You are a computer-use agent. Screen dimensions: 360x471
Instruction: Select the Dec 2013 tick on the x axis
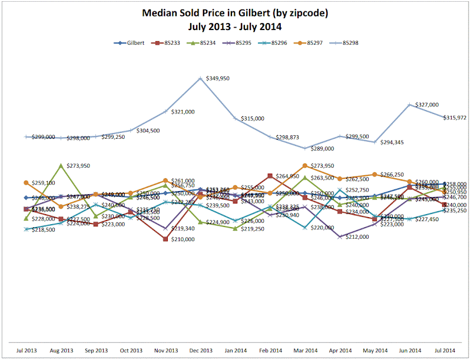pos(201,350)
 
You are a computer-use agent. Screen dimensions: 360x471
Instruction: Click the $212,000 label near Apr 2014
pos(357,236)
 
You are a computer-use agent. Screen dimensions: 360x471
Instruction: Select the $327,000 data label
pos(427,104)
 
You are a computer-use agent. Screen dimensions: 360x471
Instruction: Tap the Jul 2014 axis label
pos(444,350)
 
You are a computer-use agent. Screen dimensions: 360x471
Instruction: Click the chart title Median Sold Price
pos(235,12)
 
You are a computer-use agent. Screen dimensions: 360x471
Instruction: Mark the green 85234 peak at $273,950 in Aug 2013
pos(61,165)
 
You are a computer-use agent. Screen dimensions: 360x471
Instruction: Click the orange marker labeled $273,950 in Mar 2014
pos(305,166)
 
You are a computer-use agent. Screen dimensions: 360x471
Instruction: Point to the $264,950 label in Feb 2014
pos(287,176)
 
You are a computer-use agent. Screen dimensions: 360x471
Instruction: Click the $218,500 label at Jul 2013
pos(42,229)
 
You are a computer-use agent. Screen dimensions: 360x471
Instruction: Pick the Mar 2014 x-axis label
pos(305,350)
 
